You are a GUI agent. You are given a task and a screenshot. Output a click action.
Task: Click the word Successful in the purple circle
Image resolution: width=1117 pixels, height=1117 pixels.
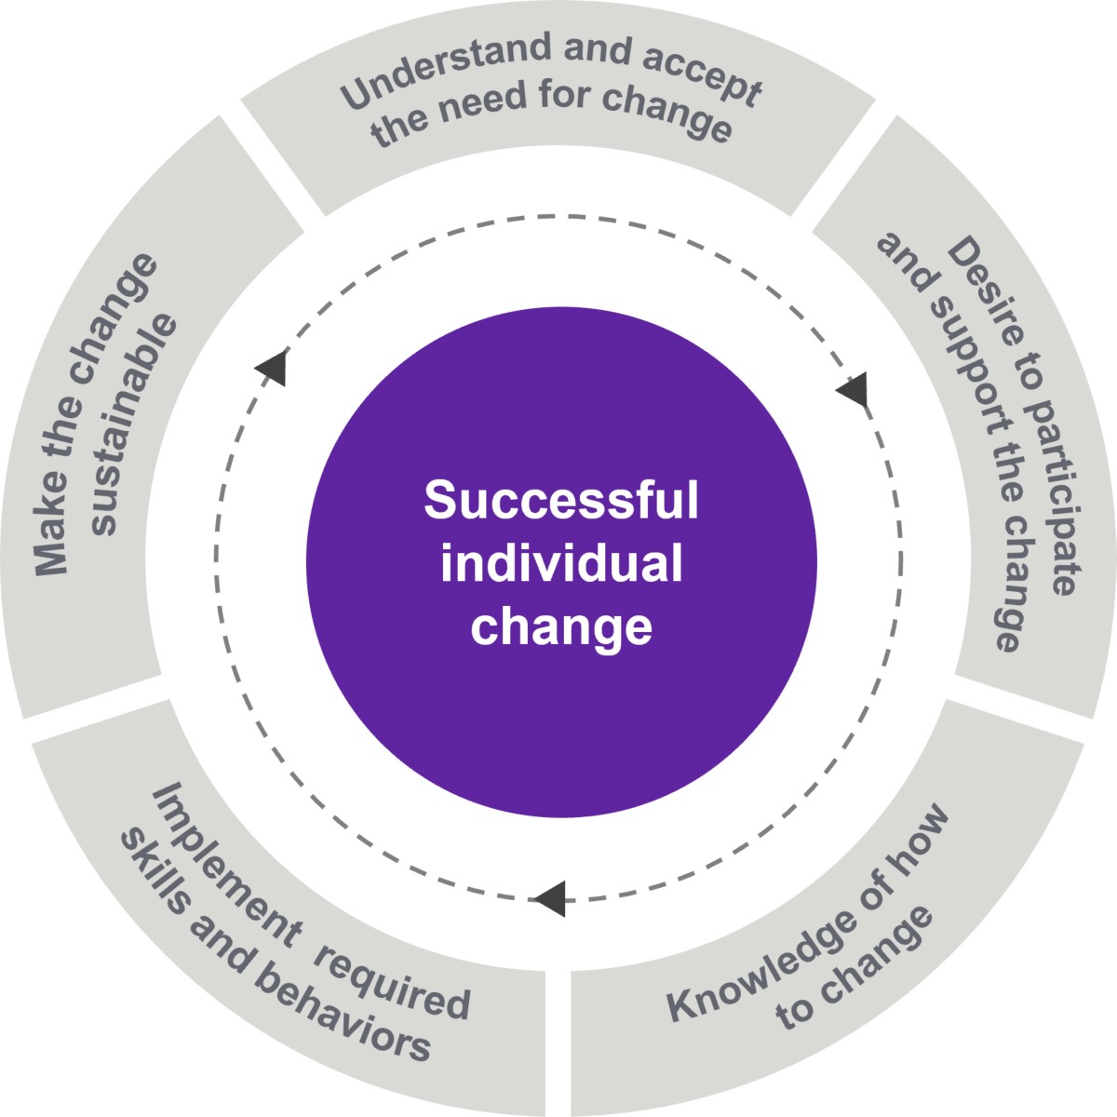560,501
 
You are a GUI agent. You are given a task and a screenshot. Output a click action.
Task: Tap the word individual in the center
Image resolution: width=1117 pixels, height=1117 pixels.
561,564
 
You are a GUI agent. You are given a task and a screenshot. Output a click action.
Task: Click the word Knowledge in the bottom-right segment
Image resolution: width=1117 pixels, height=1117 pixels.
763,939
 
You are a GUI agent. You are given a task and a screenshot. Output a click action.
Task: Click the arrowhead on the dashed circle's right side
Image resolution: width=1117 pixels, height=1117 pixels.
855,387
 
